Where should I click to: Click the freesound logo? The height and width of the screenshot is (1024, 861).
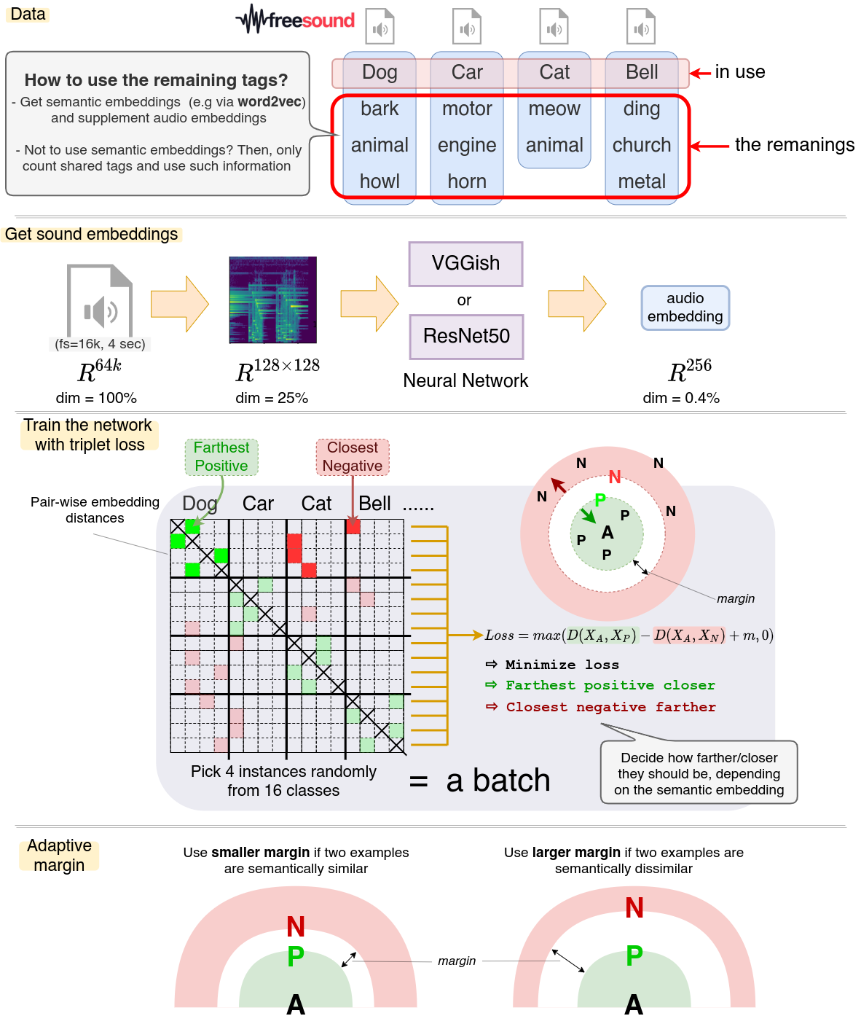coord(295,20)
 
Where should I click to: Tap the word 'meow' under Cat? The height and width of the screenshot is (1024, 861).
coord(554,109)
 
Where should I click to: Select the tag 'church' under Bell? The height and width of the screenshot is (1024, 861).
coord(642,145)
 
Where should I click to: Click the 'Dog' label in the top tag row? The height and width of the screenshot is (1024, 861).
coord(380,72)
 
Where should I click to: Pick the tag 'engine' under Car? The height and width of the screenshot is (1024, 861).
coord(467,145)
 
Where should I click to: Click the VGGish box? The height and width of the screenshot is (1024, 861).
coord(465,263)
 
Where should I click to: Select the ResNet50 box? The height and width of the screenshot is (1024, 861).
coord(466,336)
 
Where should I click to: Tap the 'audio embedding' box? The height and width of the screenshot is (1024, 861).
coord(685,307)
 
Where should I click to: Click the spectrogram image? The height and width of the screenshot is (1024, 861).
coord(272,300)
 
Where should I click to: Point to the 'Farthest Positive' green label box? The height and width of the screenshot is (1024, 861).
coord(221,456)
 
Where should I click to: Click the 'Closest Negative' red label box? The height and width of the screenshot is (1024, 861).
coord(353,456)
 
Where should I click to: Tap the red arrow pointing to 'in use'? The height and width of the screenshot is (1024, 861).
coord(700,73)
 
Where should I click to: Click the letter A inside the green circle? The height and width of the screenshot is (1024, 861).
coord(608,533)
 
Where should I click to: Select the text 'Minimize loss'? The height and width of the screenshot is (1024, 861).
coord(562,665)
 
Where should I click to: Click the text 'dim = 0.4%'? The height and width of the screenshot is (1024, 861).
coord(681,398)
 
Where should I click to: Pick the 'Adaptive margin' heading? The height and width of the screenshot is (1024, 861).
coord(59,855)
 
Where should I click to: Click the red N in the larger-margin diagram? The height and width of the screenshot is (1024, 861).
coord(634,907)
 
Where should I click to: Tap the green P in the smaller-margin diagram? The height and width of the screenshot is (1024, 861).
coord(295,955)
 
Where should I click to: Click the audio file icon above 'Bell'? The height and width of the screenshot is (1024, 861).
coord(641,27)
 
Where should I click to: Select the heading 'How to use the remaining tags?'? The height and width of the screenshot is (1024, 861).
coord(156,80)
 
